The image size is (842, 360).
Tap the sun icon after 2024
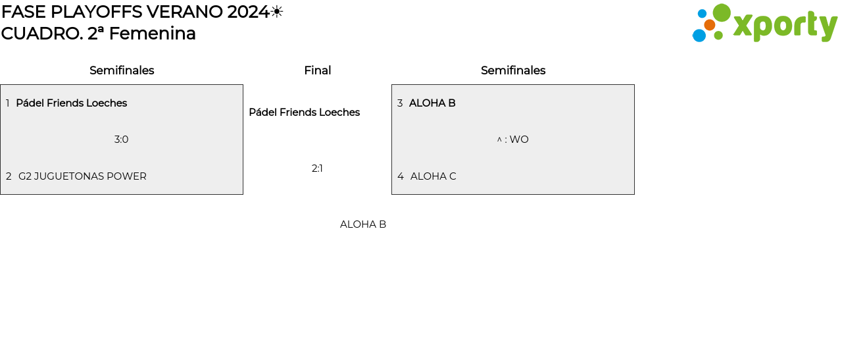pyautogui.click(x=277, y=12)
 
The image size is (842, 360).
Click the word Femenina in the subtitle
pyautogui.click(x=152, y=34)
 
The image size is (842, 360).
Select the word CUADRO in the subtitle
pyautogui.click(x=41, y=34)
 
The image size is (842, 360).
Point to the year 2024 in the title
pyautogui.click(x=248, y=12)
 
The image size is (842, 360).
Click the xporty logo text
pyautogui.click(x=785, y=26)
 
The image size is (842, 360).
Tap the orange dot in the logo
pyautogui.click(x=709, y=25)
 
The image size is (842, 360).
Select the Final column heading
pyautogui.click(x=317, y=70)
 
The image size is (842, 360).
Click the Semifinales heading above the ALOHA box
pyautogui.click(x=513, y=70)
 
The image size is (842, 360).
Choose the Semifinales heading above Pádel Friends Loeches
pyautogui.click(x=122, y=70)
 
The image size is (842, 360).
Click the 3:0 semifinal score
pyautogui.click(x=121, y=140)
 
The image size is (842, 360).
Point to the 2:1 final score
pyautogui.click(x=317, y=168)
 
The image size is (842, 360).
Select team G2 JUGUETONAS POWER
pyautogui.click(x=82, y=176)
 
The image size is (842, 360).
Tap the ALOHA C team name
pyautogui.click(x=433, y=176)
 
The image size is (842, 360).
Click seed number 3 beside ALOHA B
pyautogui.click(x=400, y=103)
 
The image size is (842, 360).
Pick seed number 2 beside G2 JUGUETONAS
pyautogui.click(x=9, y=176)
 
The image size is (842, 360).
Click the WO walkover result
pyautogui.click(x=519, y=140)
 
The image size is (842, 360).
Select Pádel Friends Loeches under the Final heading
pyautogui.click(x=304, y=113)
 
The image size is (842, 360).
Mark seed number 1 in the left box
pyautogui.click(x=8, y=103)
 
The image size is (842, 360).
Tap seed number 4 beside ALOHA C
pyautogui.click(x=401, y=176)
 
